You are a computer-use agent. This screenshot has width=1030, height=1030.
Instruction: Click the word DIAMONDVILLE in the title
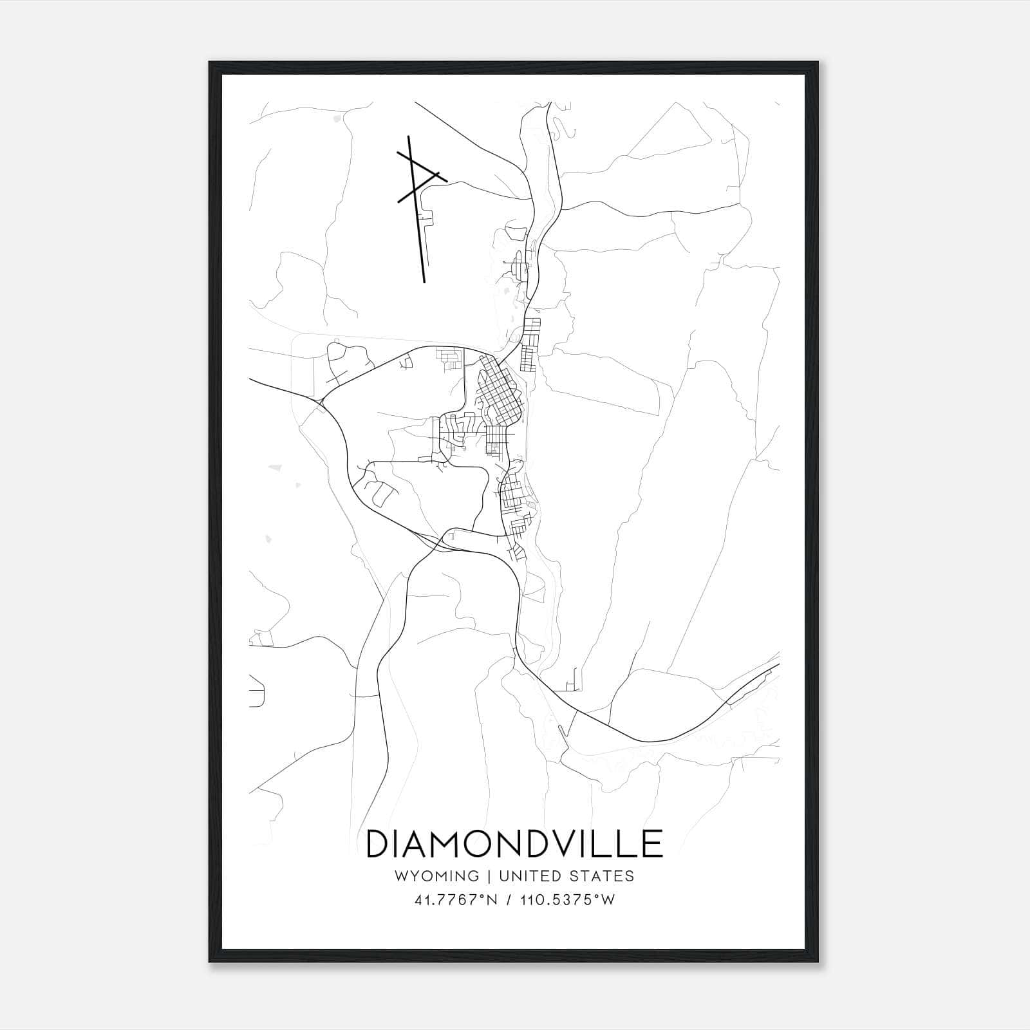tap(514, 844)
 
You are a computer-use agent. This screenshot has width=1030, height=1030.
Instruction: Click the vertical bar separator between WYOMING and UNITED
tap(489, 876)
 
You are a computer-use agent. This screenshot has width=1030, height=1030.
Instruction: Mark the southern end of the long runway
tap(424, 281)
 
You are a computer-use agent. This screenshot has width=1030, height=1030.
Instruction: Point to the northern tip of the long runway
tap(409, 136)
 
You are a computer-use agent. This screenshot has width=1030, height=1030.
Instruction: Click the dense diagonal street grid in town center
tap(501, 393)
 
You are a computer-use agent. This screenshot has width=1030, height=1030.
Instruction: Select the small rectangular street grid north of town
tap(530, 344)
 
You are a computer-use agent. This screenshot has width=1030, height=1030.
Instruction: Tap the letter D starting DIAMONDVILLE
tap(378, 844)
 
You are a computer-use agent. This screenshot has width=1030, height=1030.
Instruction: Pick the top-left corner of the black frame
tap(210, 63)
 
